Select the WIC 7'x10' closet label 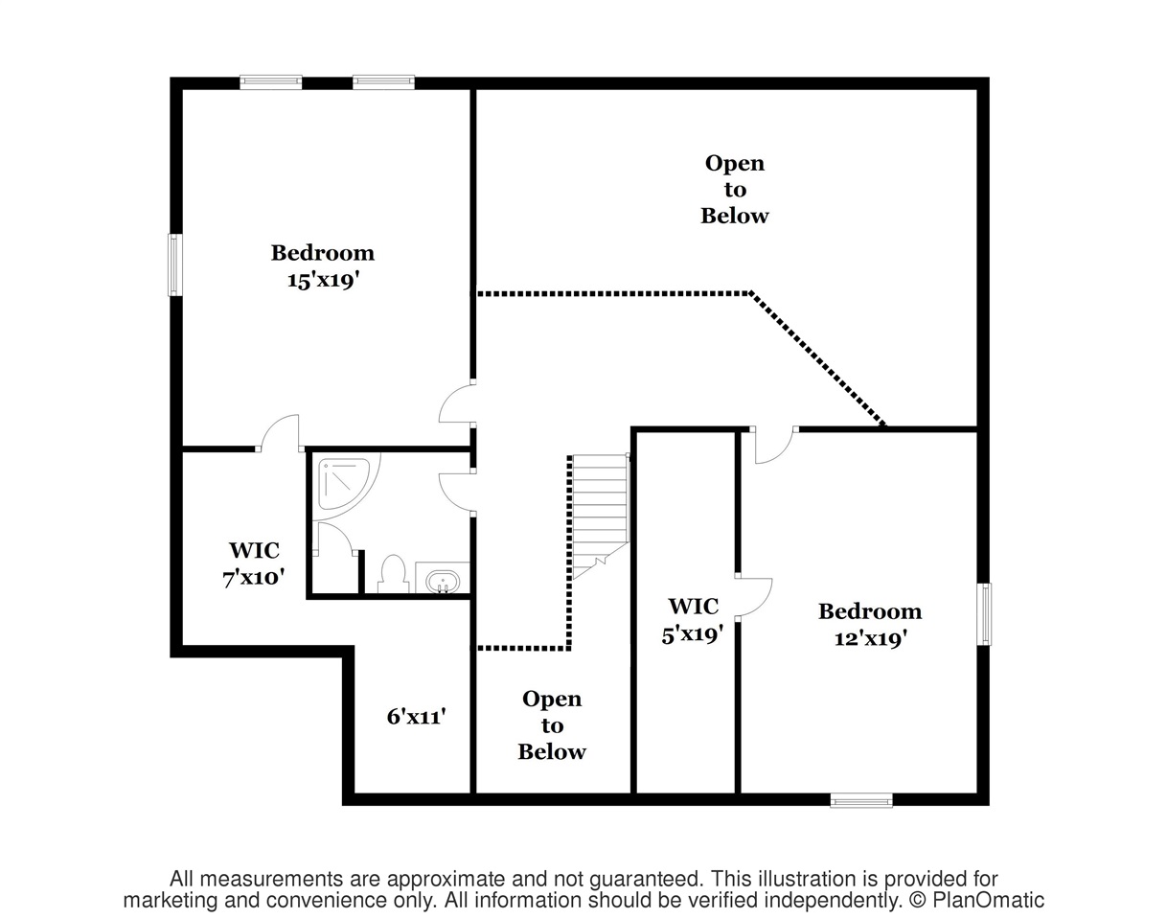[254, 564]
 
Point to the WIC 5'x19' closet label [693, 620]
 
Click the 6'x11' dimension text [417, 717]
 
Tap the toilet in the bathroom [393, 574]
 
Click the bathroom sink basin [443, 582]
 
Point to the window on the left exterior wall [174, 264]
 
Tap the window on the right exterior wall [984, 614]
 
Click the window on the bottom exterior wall [861, 800]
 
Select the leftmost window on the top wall [271, 81]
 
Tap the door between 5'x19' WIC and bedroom [754, 597]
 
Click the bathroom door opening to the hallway [455, 493]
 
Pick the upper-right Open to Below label [735, 190]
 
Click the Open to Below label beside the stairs [552, 725]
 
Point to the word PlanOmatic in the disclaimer [988, 900]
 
